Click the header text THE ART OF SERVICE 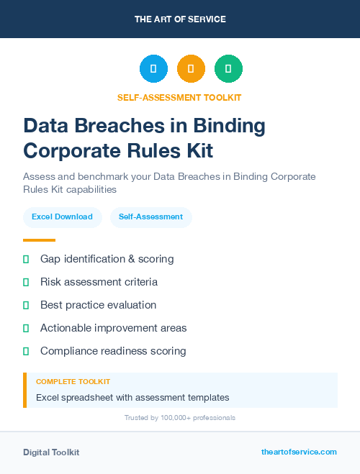click(180, 19)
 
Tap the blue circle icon click(153, 69)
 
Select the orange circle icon click(191, 69)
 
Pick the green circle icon click(228, 69)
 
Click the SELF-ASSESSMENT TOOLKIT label click(179, 97)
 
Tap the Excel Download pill click(62, 217)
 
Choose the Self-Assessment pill click(150, 217)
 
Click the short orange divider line click(39, 240)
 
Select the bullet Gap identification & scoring click(107, 259)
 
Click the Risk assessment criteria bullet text click(99, 282)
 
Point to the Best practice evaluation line click(98, 305)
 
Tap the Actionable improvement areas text click(113, 328)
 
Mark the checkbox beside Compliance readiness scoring click(26, 351)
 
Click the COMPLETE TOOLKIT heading click(73, 382)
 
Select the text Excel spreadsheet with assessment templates click(132, 397)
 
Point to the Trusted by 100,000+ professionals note click(179, 417)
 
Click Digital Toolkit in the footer click(51, 452)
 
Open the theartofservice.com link click(299, 452)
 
